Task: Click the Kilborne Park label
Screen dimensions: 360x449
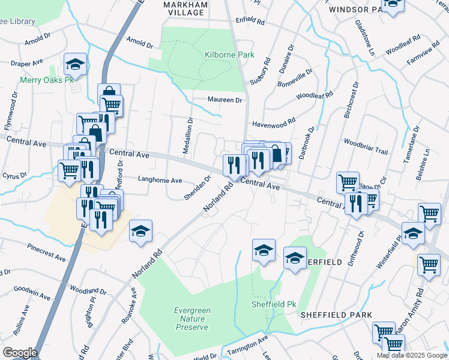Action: click(229, 55)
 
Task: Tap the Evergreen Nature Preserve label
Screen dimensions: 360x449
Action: click(191, 319)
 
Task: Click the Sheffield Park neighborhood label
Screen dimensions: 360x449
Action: click(336, 315)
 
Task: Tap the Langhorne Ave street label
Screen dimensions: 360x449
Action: click(160, 180)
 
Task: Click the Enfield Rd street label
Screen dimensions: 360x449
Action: click(250, 21)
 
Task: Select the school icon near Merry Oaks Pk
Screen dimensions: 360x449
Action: click(75, 64)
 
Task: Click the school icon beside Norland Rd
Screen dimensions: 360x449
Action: click(140, 231)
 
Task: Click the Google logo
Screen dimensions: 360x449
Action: click(20, 352)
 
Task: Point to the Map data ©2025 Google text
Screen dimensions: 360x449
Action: click(412, 355)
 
